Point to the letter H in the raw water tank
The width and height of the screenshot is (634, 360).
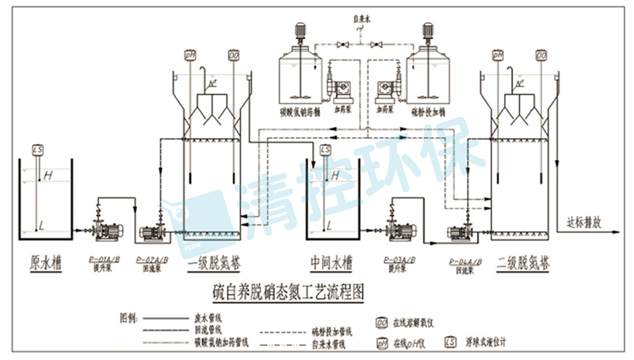[x=48, y=174]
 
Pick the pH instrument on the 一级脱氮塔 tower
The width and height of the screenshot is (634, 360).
[x=190, y=56]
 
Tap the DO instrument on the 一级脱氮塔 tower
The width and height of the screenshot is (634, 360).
[x=234, y=56]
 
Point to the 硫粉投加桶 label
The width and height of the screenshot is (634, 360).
[x=427, y=112]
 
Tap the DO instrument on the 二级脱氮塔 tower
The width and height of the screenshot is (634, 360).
[x=543, y=56]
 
